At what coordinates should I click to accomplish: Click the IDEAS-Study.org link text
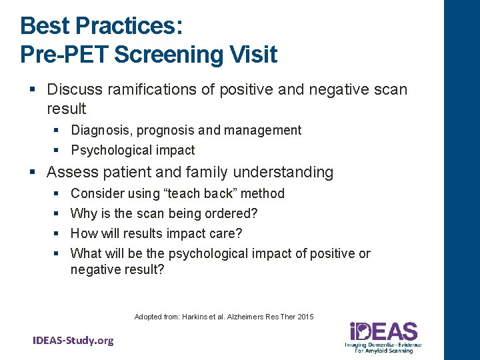pos(73,341)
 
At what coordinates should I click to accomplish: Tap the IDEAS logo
pos(383,336)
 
